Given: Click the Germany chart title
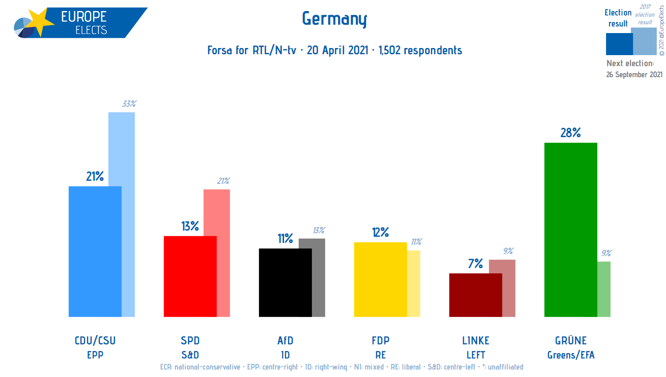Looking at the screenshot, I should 334,19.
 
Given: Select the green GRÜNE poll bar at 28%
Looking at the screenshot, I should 570,229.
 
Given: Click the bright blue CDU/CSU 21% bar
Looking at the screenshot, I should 95,251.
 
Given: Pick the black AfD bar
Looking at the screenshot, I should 285,282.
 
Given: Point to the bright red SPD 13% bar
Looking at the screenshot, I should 190,276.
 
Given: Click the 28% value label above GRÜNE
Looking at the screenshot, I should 570,133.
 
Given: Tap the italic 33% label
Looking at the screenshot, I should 129,104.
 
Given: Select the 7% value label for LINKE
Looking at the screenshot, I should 475,264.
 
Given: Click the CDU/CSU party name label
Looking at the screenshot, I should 95,340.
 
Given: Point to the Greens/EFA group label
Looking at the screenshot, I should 571,355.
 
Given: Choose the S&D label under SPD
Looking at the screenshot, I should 190,355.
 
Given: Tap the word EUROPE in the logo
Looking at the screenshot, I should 84,17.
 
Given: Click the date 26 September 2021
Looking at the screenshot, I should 634,75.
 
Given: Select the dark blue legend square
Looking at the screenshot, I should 618,44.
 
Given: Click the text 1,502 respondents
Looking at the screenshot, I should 420,50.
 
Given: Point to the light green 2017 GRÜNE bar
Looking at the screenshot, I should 604,289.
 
